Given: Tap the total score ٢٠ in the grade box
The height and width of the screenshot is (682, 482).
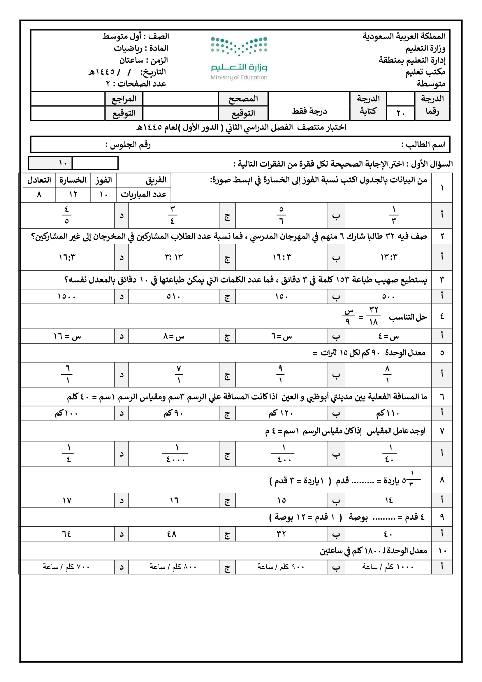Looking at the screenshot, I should (x=400, y=113).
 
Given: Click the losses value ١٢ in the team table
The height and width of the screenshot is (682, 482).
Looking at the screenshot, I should (x=73, y=195).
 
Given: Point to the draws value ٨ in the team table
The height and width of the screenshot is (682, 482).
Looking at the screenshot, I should (x=39, y=195).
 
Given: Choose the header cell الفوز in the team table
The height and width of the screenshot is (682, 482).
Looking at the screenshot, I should (x=103, y=180).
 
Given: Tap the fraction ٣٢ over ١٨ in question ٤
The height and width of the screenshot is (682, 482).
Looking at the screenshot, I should (x=373, y=316).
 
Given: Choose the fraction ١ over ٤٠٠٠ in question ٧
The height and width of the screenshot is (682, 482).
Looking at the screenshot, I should (x=175, y=454).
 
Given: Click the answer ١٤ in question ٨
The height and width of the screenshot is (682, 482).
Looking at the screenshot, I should (x=388, y=501).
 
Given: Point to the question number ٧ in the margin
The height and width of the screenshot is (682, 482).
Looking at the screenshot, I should (x=442, y=431).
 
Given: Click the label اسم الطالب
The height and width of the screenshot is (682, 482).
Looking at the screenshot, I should (x=423, y=145).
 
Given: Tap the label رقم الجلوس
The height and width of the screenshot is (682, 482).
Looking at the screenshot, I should (x=128, y=145).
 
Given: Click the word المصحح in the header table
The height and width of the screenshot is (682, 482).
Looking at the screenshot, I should (x=243, y=99).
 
